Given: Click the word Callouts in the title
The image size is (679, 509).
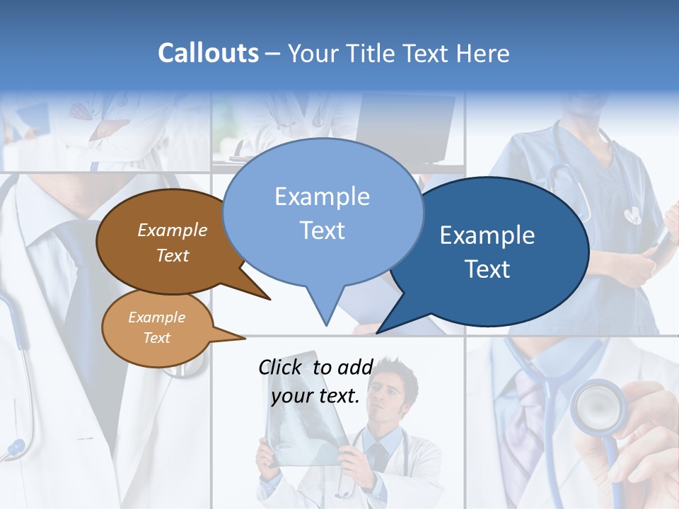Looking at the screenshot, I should point(208,53).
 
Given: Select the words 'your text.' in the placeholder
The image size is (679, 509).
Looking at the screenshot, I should point(315,397).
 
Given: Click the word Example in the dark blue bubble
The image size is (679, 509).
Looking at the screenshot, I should point(487,235).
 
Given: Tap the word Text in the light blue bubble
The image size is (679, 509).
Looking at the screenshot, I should point(323,230).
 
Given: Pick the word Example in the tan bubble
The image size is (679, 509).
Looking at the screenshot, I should point(156,317).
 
